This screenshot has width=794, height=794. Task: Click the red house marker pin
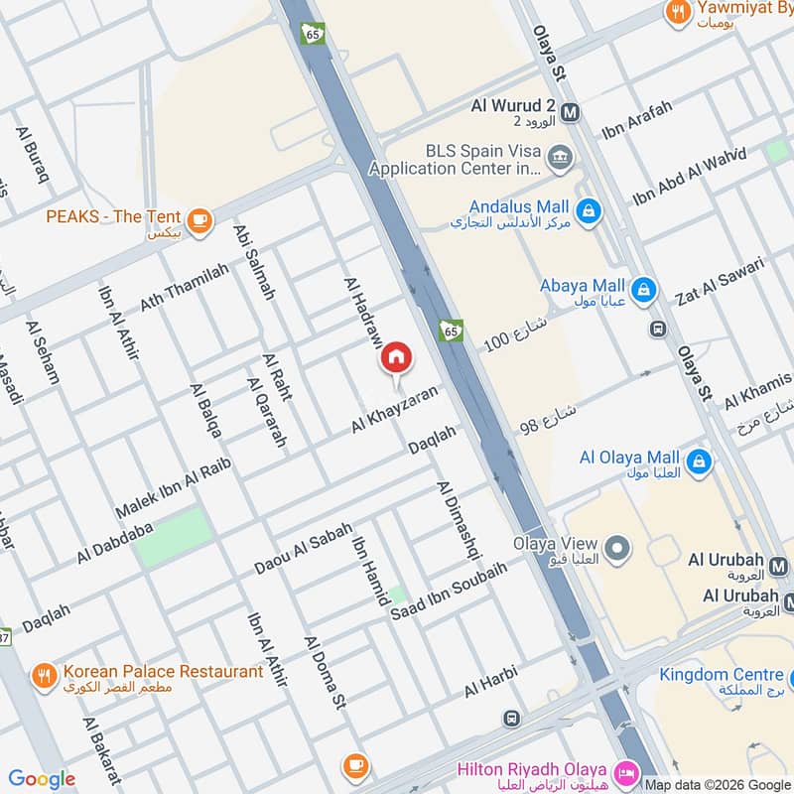coord(395,357)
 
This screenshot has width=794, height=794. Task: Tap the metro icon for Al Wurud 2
coord(570,112)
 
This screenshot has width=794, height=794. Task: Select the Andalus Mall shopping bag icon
coord(589,211)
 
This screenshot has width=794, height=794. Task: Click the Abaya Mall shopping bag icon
coord(644,289)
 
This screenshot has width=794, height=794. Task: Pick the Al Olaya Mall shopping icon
coord(700,461)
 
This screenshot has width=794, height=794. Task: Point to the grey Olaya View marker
coord(617,547)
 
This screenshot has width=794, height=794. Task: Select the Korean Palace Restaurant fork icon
coord(44,676)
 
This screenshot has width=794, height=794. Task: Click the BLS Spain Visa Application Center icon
coord(560,156)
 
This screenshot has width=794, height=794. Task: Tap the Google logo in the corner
coord(42,779)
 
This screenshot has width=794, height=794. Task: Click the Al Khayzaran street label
coord(394,409)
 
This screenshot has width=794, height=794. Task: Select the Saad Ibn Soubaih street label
coord(449,592)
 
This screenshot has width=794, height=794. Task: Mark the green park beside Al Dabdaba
coord(175,537)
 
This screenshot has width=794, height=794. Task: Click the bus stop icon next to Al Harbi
coord(511,718)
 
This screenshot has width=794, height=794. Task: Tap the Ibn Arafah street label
coord(636,120)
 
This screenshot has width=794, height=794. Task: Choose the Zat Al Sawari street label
coord(719,280)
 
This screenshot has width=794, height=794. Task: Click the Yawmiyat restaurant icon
coord(679,12)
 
